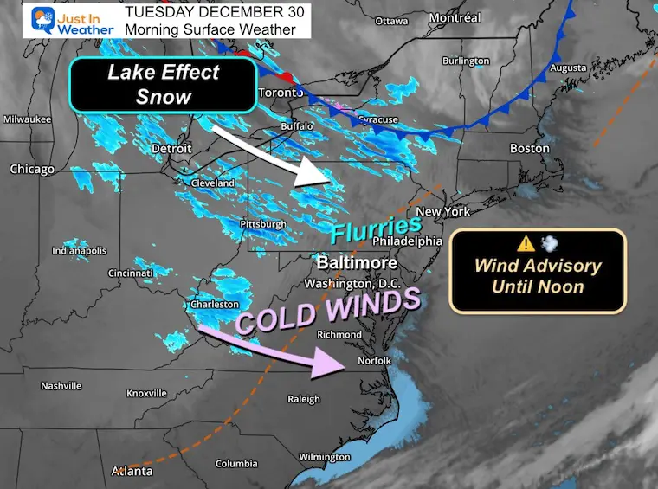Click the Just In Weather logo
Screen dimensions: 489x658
(x=71, y=21)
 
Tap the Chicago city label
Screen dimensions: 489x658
(x=31, y=170)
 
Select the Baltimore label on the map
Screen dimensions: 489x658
(x=358, y=262)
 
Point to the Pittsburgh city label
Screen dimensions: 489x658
(x=261, y=224)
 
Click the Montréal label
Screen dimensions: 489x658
(x=455, y=18)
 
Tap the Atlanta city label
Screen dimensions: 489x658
(x=132, y=472)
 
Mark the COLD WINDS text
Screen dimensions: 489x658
(x=327, y=310)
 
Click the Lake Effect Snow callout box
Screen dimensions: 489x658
(x=162, y=84)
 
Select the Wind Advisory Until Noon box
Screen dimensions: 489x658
(x=537, y=271)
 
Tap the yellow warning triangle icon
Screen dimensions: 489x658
(x=526, y=243)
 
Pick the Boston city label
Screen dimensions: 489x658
(x=529, y=148)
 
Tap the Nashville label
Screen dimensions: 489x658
(x=61, y=386)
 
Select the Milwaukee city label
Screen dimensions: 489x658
(x=27, y=119)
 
